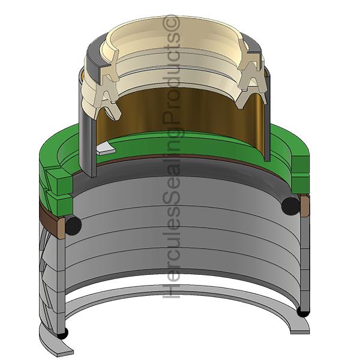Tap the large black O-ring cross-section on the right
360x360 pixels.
(x=291, y=205)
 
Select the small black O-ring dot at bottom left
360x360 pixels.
(x=62, y=333)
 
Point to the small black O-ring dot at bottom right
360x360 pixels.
(x=304, y=312)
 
